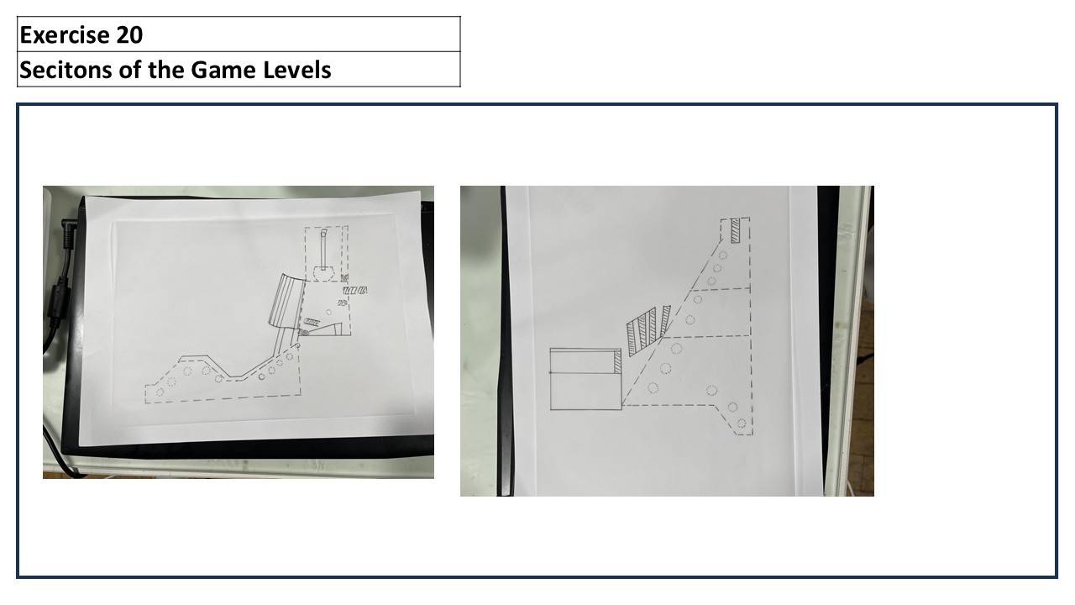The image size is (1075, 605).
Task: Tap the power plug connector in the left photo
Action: [x=69, y=234]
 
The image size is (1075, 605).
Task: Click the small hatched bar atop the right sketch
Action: [x=735, y=231]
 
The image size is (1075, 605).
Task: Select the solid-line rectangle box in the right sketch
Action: [x=585, y=379]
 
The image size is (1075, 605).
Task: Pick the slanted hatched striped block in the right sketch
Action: [x=648, y=330]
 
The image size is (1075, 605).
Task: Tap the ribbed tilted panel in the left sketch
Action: [x=287, y=301]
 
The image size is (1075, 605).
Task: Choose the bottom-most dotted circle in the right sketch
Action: [x=742, y=423]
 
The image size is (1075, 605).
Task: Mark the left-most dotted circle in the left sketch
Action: [x=160, y=392]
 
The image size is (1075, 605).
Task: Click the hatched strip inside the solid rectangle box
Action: [x=617, y=361]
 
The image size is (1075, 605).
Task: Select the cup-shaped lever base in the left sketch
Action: [x=324, y=274]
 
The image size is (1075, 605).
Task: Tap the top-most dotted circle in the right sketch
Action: [x=723, y=255]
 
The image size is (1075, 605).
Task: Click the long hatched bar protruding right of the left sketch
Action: [x=355, y=291]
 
